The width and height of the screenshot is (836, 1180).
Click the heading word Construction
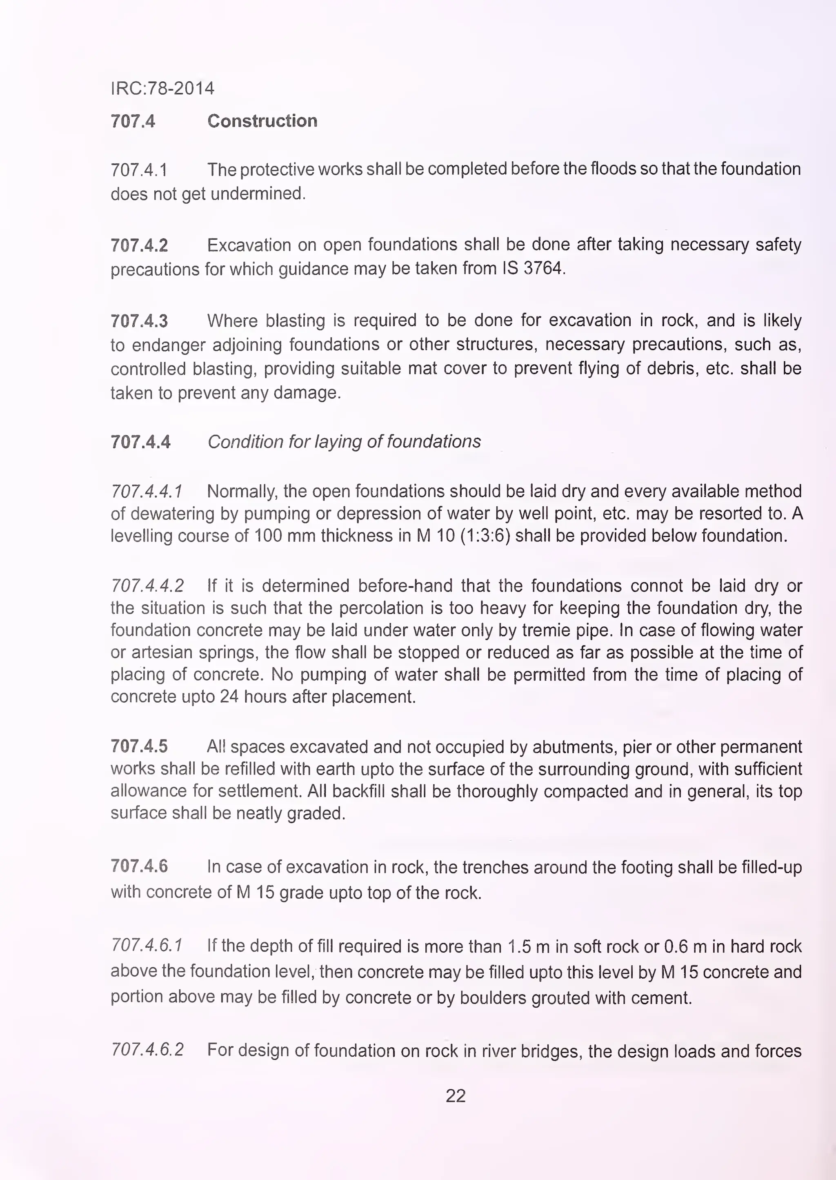click(262, 121)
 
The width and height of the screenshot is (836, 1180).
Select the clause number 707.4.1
click(139, 169)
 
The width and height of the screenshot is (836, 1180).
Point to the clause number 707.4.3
click(139, 321)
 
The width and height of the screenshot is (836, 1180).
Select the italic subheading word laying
click(336, 442)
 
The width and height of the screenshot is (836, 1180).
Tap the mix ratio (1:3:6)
click(485, 536)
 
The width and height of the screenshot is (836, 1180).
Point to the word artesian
click(160, 652)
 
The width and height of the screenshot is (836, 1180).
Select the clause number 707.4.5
click(139, 746)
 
